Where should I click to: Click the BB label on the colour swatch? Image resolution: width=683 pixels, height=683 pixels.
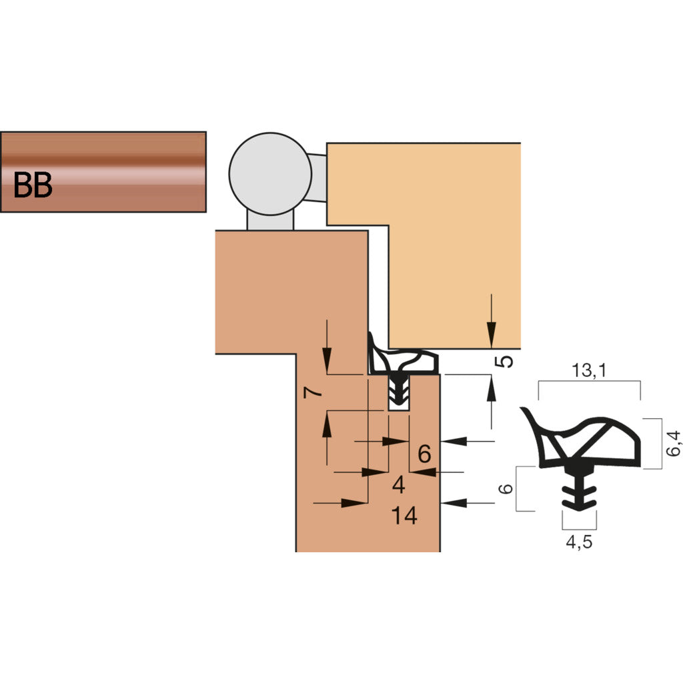[33, 185]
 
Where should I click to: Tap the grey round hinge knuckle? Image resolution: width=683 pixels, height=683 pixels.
[269, 172]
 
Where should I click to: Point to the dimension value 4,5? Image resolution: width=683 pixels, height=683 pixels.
[578, 542]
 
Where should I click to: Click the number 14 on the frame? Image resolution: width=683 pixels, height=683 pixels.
[404, 516]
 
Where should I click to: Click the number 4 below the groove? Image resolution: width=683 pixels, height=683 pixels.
[399, 485]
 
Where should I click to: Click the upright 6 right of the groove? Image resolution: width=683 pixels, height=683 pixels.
[424, 454]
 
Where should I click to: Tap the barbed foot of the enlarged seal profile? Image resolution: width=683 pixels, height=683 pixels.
[578, 491]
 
